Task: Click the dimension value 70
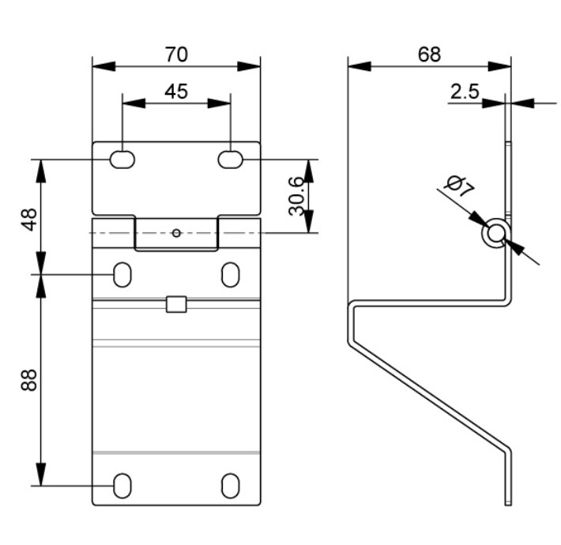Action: [176, 54]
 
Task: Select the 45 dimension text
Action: [176, 92]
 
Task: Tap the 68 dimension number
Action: [429, 54]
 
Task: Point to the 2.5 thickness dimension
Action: [465, 92]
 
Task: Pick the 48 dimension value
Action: [29, 218]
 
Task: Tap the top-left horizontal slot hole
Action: [122, 160]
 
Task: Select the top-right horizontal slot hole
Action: [231, 160]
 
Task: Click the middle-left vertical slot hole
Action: [122, 274]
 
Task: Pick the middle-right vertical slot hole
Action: [231, 274]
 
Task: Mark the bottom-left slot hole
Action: [122, 485]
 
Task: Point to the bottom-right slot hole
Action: [231, 485]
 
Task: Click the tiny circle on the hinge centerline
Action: [176, 232]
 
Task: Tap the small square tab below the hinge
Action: [176, 304]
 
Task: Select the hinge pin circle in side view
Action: [495, 234]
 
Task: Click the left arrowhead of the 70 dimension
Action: [100, 66]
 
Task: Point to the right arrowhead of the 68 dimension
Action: [504, 66]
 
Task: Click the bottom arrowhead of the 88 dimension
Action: [40, 478]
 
